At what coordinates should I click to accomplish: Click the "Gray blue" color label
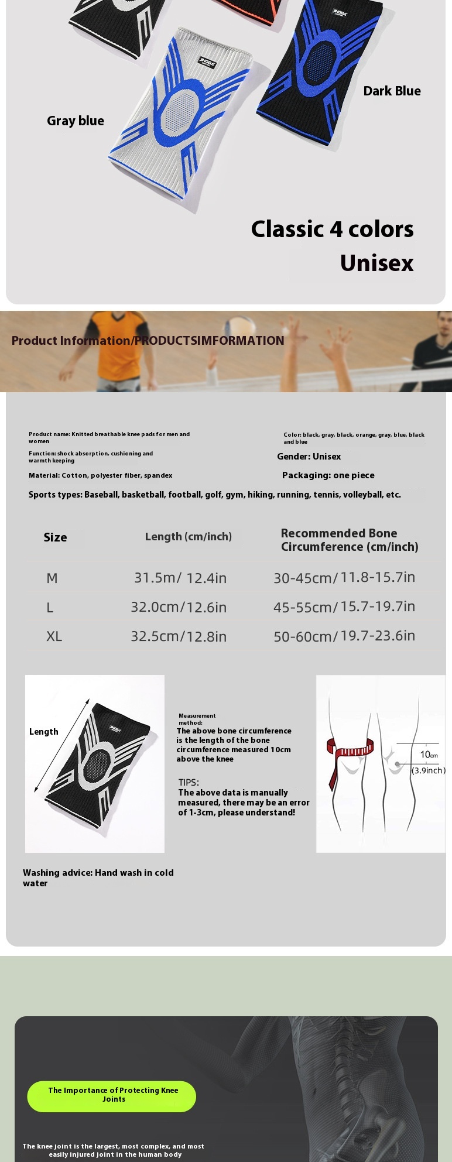tap(76, 121)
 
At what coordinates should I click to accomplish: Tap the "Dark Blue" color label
tap(392, 91)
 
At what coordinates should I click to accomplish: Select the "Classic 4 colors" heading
tap(332, 229)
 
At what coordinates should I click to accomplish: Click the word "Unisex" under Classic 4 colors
tap(376, 263)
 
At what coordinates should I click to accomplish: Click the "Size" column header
tap(55, 537)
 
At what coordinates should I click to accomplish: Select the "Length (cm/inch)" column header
tap(189, 537)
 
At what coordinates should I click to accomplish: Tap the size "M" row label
tap(52, 578)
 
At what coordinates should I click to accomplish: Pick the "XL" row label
tap(54, 636)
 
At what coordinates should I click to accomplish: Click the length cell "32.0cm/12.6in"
tap(179, 607)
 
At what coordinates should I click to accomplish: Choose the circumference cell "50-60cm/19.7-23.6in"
tap(344, 636)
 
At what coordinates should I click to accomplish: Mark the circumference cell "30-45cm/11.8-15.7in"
tap(344, 578)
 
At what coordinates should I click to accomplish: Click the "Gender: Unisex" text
tap(309, 457)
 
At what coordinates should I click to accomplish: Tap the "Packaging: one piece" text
tap(328, 475)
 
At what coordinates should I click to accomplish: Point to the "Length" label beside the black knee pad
tap(44, 732)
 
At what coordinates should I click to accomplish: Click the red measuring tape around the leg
tap(350, 751)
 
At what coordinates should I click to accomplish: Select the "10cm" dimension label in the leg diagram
tap(429, 755)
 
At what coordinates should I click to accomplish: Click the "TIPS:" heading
tap(189, 783)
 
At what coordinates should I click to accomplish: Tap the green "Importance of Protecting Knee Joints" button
tap(112, 1095)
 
